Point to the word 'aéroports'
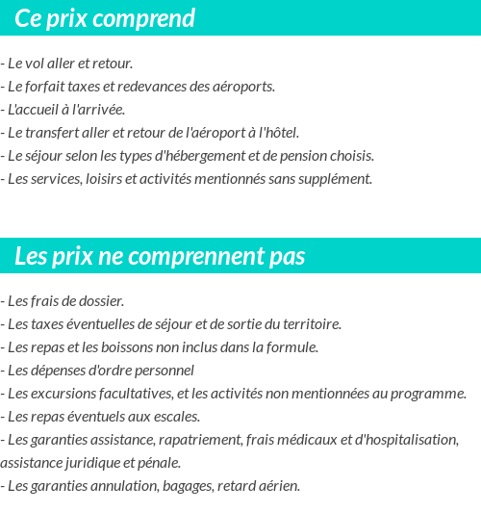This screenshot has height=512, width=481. (244, 86)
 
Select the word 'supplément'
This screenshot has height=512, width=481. (337, 178)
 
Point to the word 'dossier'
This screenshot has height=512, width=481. (102, 300)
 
